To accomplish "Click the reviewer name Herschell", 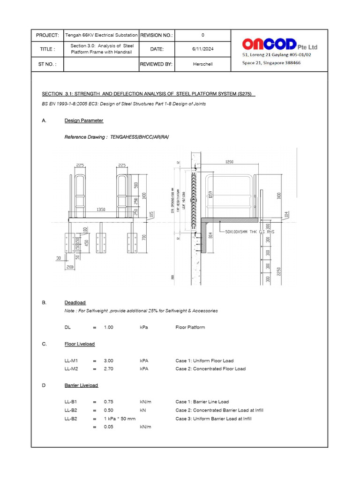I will coord(202,64).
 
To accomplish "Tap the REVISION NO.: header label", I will coord(157,35).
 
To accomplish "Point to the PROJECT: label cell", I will coord(47,35).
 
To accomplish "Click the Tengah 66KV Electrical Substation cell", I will coord(101,35).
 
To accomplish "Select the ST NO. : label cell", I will coord(47,64).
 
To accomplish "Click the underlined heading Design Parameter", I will coord(84,120).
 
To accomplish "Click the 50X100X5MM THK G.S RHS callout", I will coord(249,232).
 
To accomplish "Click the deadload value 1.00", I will coord(109,327).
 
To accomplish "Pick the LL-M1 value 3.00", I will coord(109,361).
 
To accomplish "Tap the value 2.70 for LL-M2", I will coord(109,369).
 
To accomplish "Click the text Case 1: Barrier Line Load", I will coord(202,402).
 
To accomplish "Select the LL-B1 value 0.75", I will coord(109,402).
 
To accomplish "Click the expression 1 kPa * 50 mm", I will coord(120,419).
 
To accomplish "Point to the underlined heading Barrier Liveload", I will coord(81,385).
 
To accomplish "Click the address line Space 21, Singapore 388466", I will coord(271,63).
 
